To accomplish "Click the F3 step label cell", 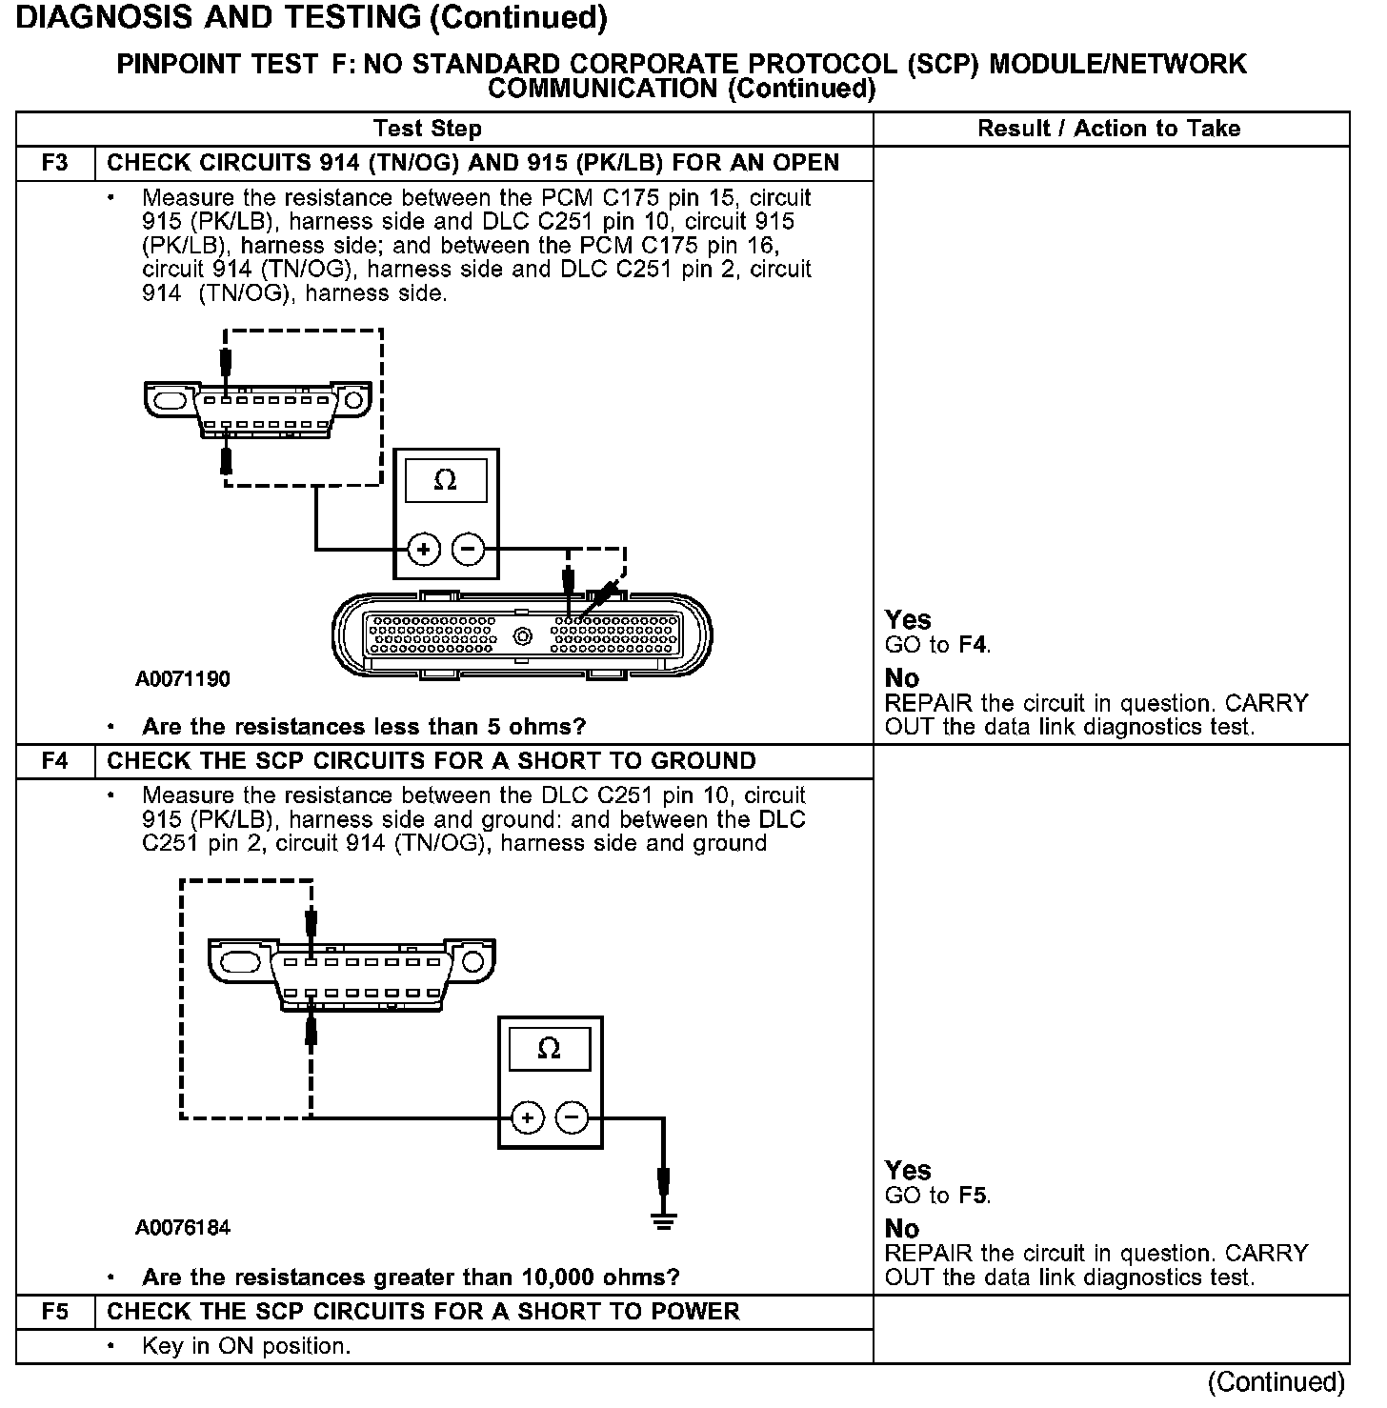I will pos(55,163).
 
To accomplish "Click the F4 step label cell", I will pos(55,761).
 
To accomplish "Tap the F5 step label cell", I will pos(55,1312).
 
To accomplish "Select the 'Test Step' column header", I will pos(428,129).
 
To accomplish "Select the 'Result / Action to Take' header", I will pos(1109,129).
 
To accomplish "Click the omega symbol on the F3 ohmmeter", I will pos(445,481).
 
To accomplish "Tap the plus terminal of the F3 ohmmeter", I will pos(424,550).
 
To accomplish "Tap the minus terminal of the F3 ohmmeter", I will pos(467,550).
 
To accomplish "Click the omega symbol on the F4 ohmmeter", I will pos(550,1049).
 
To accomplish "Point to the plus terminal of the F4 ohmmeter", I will pos(528,1117).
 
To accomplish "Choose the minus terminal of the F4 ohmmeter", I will pos(572,1117).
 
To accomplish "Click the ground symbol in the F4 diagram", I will pos(664,1222).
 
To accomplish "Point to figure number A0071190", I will pos(183,679).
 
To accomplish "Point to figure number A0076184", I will pos(183,1228).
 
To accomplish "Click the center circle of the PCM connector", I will pos(522,636).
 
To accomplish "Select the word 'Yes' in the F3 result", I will pos(907,620).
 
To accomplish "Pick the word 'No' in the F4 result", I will pos(901,1228).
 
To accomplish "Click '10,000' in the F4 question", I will pos(562,1277).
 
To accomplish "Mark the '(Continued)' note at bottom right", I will pos(1276,1382).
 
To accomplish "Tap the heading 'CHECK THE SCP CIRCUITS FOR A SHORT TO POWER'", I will pos(423,1312).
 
